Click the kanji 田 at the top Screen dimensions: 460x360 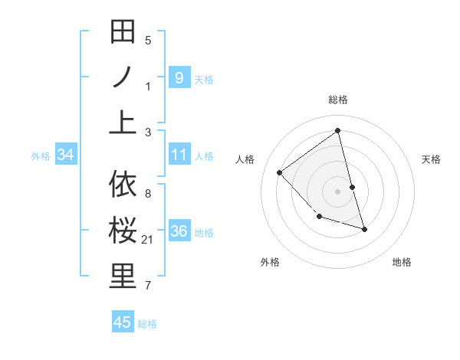point(123,34)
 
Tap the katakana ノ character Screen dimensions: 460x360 point(123,77)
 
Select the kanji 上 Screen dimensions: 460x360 point(123,120)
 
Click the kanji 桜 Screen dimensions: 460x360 point(123,231)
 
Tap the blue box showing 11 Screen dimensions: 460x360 point(179,155)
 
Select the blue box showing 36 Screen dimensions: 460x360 point(179,231)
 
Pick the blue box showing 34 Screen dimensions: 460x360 point(66,155)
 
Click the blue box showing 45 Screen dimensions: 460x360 point(123,322)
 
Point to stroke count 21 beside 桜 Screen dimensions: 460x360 point(148,241)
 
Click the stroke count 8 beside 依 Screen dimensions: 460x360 point(148,193)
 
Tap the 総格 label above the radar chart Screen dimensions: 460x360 point(338,100)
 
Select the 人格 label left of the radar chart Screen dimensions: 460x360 point(245,159)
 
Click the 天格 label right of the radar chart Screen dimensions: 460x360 point(431,159)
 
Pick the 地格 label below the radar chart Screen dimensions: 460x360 point(402,262)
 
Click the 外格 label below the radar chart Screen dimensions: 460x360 point(270,262)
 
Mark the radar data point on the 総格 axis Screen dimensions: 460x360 point(338,131)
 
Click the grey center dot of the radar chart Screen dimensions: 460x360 point(338,191)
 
